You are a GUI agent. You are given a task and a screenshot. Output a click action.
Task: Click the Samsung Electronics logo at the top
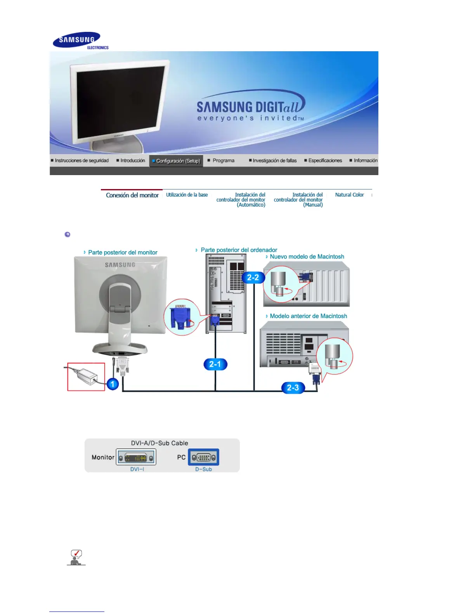coord(80,40)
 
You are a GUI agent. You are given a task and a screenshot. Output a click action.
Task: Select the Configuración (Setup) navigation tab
coord(176,161)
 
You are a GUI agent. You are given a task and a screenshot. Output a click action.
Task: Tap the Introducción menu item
coord(132,160)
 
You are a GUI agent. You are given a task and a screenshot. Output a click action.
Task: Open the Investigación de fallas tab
coord(274,160)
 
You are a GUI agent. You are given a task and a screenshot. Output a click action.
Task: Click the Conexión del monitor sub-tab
coord(132,195)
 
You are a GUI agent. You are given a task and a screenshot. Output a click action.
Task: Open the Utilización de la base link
coord(187,195)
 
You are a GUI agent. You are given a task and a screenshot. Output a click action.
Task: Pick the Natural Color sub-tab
coord(349,195)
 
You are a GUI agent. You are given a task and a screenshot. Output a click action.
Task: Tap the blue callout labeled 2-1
coord(215,364)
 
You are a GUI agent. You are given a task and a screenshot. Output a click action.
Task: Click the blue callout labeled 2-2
coord(253,278)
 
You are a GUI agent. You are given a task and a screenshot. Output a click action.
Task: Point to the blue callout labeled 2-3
coord(293,387)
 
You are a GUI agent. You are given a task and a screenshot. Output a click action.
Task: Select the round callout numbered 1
coord(113,384)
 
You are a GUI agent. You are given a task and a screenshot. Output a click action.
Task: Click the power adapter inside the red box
coord(86,376)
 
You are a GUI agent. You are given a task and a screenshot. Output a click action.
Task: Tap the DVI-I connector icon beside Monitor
coord(136,457)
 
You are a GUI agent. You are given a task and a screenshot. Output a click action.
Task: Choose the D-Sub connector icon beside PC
coord(203,457)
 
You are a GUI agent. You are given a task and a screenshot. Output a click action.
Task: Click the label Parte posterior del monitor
coord(123,252)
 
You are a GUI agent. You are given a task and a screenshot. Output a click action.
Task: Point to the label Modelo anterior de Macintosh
coord(308,316)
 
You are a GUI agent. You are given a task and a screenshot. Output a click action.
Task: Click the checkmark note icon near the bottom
coord(76,557)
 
